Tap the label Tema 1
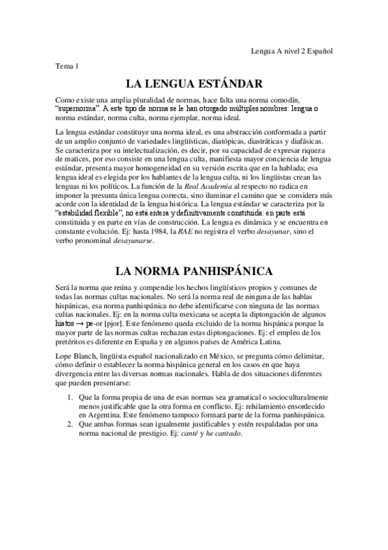coord(67,66)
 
